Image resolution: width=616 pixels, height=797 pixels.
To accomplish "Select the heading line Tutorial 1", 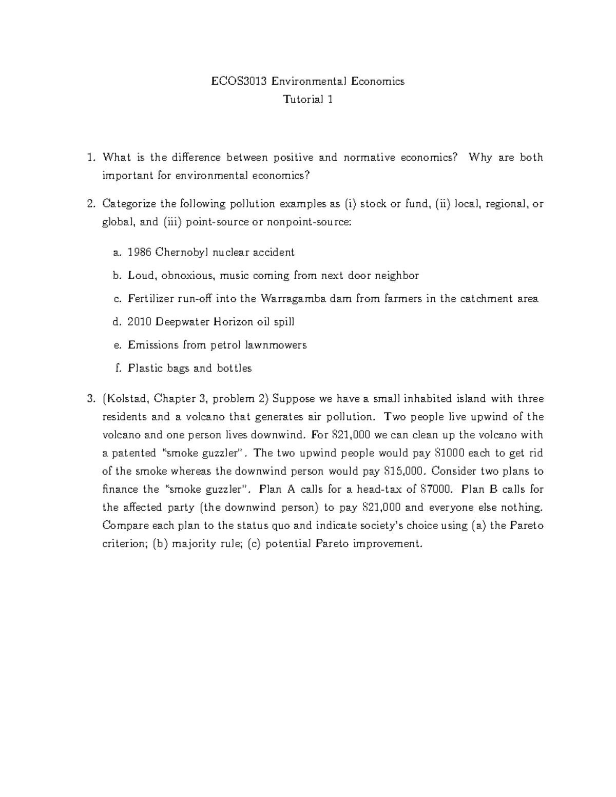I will click(308, 100).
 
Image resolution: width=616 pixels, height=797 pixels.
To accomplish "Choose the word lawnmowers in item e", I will click(279, 345).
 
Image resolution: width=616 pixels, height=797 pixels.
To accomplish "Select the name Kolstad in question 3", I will click(127, 399).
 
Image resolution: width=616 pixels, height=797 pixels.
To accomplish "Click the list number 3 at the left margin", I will click(90, 399).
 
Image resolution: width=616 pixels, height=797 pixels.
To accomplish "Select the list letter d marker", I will click(116, 322).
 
